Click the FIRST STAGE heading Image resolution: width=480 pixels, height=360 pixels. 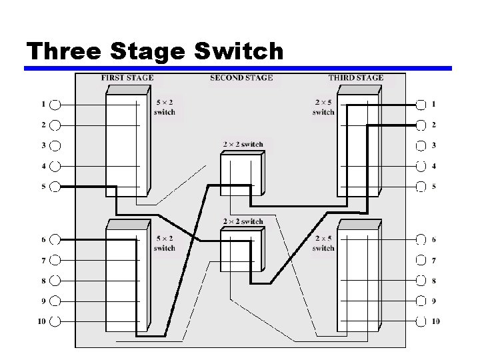127,78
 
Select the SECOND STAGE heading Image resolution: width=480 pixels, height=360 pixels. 241,78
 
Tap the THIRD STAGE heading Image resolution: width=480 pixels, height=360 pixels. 355,78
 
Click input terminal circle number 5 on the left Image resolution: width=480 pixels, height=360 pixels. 55,187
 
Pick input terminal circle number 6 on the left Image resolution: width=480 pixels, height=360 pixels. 55,239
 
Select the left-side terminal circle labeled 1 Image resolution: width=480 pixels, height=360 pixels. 55,104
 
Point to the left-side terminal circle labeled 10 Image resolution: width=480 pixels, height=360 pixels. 55,321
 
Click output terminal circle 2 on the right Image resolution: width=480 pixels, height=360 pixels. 421,125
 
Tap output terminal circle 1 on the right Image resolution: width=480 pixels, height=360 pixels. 421,104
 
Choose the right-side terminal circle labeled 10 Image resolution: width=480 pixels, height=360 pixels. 421,321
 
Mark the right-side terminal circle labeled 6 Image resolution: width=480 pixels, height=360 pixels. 421,239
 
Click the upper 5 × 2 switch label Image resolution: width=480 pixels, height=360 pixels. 164,107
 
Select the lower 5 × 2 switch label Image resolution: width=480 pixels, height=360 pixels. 164,243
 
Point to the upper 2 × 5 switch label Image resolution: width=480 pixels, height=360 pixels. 323,107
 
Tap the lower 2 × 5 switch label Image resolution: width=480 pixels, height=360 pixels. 323,243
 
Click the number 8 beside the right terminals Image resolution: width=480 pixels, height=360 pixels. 434,281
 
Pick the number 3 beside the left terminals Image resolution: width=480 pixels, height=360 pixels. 43,145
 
